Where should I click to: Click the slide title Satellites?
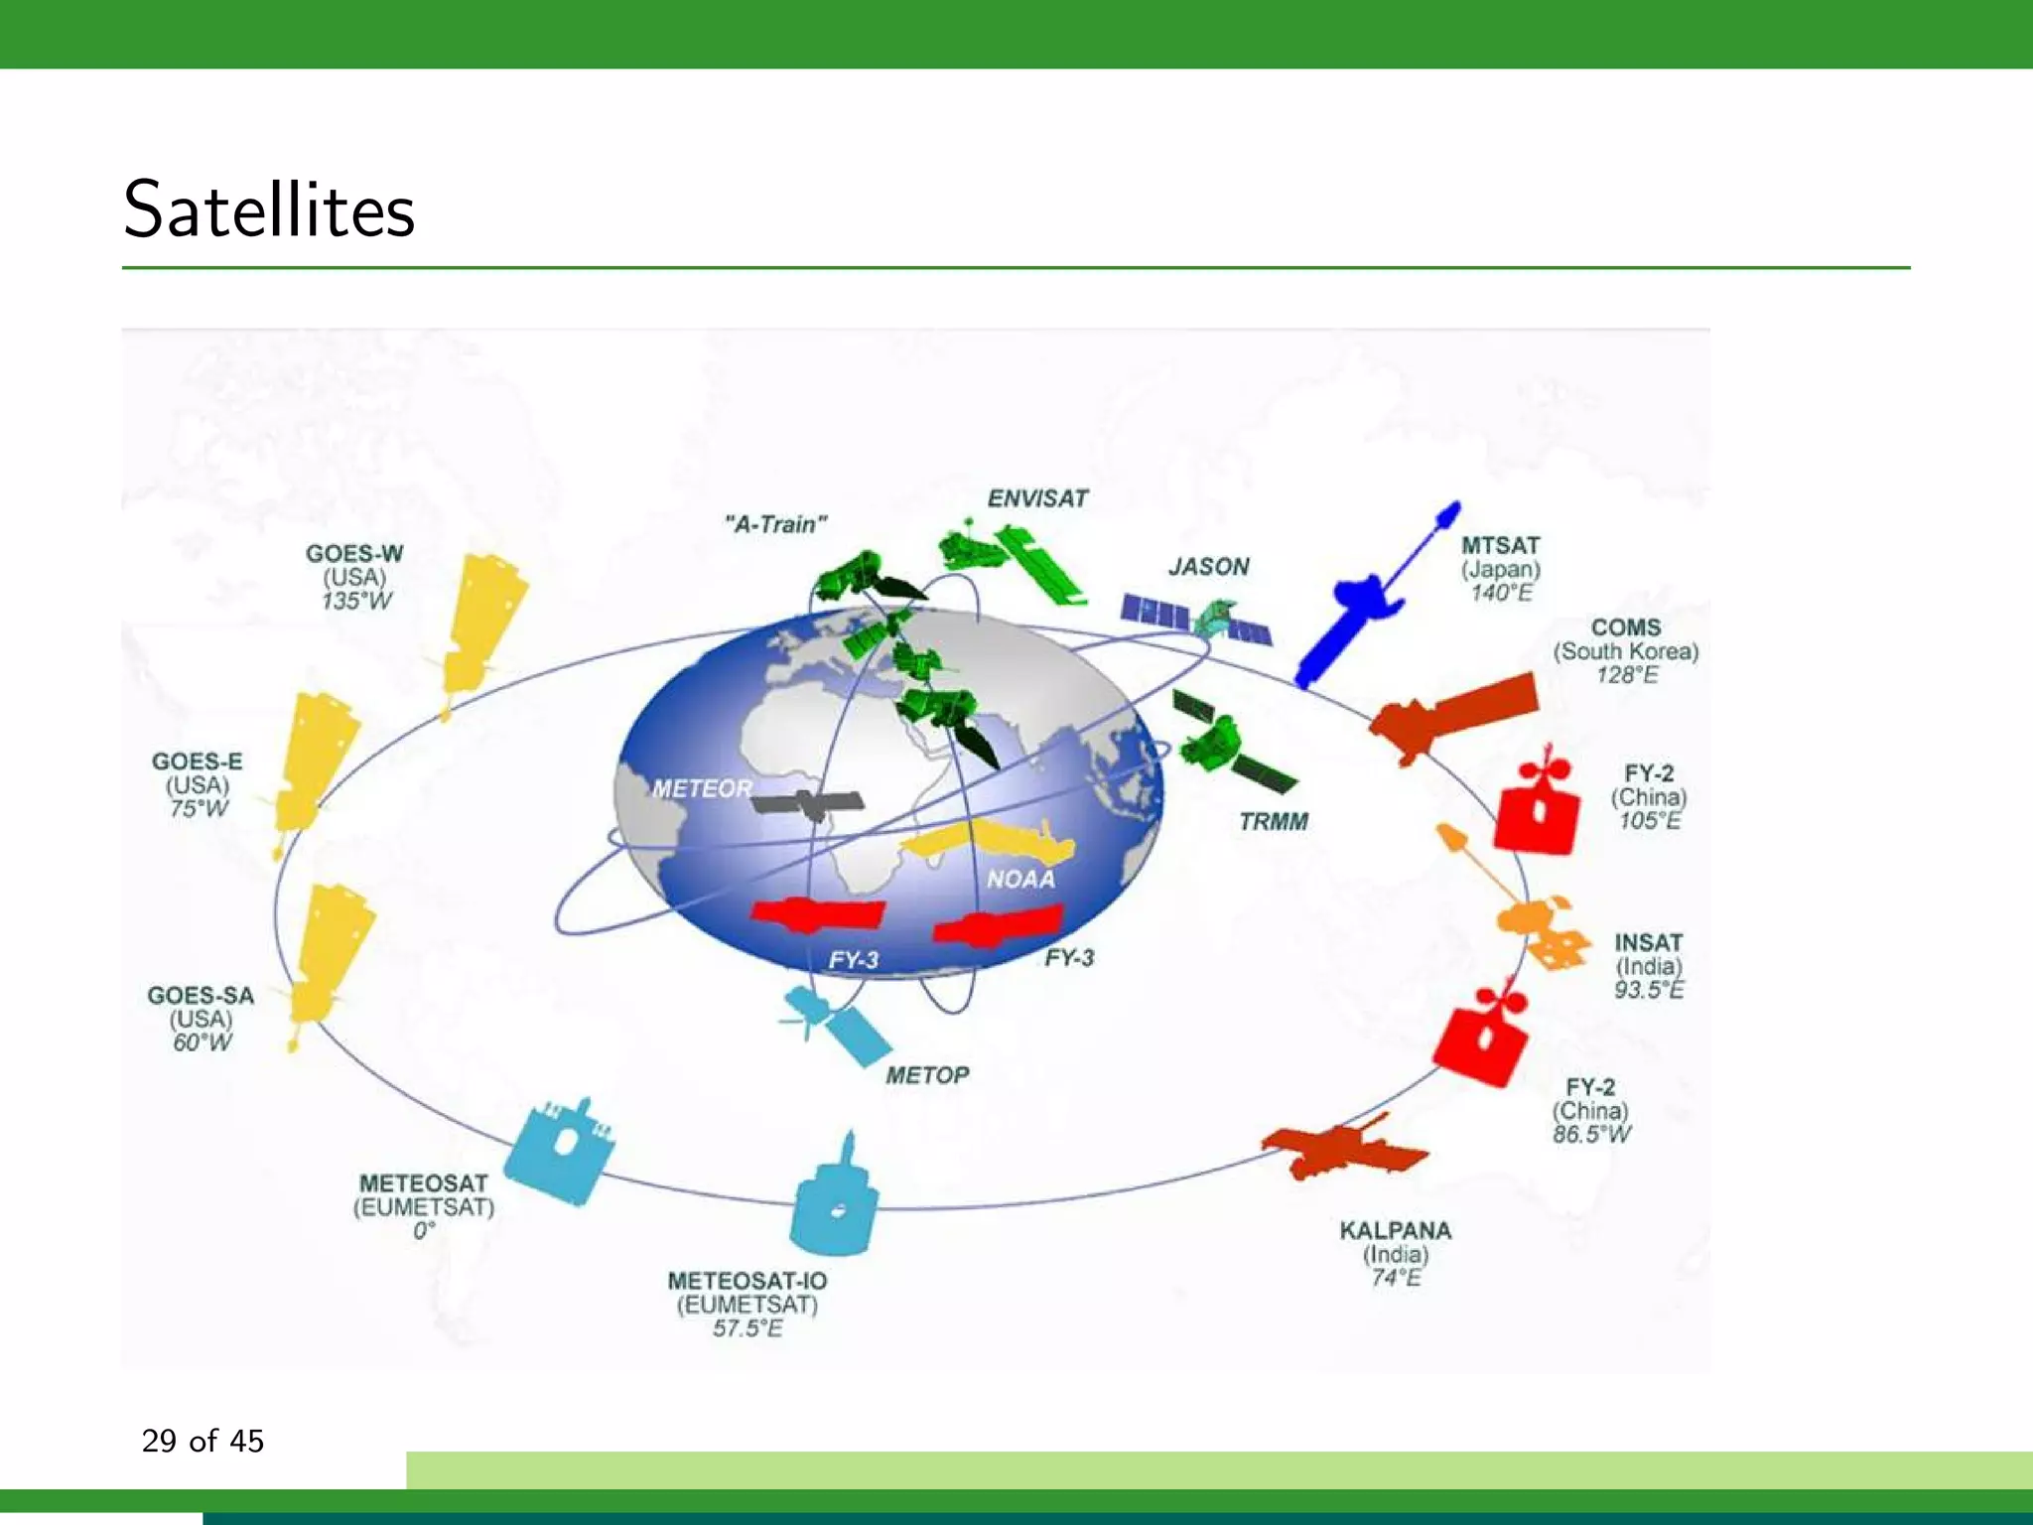click(269, 209)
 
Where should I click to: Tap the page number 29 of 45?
click(203, 1441)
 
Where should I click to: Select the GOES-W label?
click(354, 553)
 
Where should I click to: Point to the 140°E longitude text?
click(1501, 594)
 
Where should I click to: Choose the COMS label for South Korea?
click(1626, 627)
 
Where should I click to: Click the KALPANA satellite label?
click(1396, 1231)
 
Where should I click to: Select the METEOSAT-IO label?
click(747, 1281)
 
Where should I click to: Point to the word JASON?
click(1208, 567)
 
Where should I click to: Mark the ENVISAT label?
click(1037, 498)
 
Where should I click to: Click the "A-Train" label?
click(776, 524)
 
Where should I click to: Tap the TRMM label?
click(1274, 822)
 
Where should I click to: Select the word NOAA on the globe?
click(1020, 880)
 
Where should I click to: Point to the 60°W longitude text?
click(203, 1042)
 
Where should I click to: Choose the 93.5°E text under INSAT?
click(1649, 990)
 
